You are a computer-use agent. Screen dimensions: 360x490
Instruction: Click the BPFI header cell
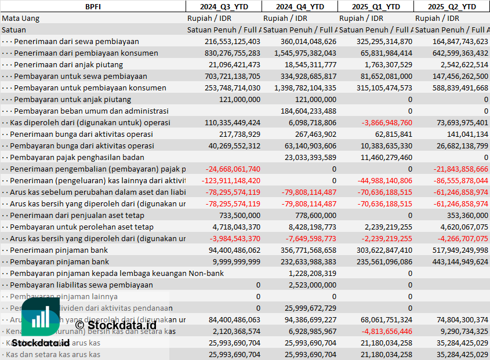point(92,6)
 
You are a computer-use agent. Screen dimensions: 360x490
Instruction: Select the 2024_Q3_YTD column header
point(223,6)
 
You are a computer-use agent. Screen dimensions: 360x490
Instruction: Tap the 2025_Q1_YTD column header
point(376,6)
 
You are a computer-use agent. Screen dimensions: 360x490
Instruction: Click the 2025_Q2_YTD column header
point(452,6)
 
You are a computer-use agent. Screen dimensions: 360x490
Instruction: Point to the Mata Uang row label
point(21,18)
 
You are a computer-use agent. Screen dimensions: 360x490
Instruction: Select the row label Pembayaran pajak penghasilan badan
point(77,157)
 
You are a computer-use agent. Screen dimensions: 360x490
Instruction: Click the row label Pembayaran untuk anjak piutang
point(72,99)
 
